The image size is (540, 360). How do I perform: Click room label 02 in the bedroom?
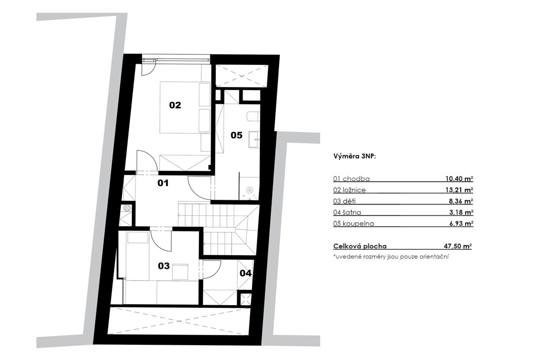175,105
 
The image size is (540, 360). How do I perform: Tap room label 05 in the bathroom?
237,135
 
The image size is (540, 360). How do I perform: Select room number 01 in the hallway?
163,183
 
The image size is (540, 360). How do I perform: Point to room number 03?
164,266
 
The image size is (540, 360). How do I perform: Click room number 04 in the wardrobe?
246,273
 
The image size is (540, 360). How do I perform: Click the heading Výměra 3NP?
354,156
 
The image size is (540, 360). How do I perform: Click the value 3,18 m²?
461,212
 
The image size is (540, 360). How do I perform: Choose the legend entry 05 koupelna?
353,223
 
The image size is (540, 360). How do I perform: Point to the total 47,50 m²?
458,246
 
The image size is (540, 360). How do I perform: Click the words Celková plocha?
360,246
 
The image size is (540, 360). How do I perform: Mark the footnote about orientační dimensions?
391,256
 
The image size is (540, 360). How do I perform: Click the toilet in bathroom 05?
253,116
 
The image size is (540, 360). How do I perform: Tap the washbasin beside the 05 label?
254,139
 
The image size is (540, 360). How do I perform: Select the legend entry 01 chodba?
351,179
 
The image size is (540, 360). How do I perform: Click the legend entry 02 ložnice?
349,190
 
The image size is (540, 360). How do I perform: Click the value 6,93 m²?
461,223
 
